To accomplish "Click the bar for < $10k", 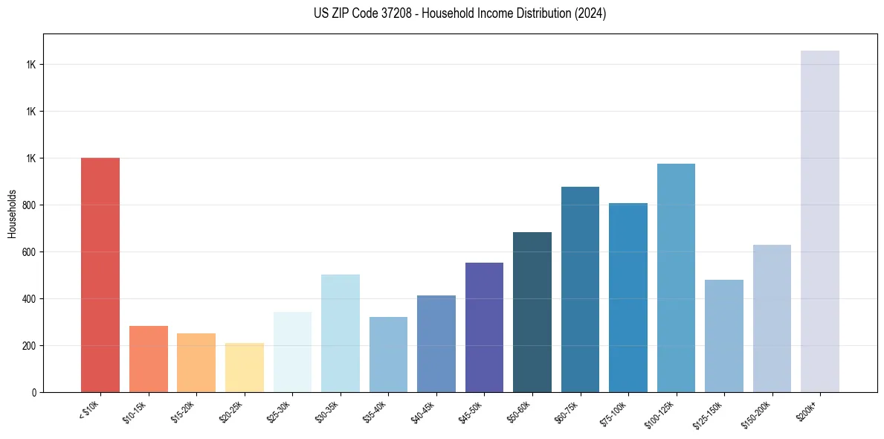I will point(100,275).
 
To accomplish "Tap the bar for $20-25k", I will point(245,368).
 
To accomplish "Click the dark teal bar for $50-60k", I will point(532,312).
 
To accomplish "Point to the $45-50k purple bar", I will point(484,327).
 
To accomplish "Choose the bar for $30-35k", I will point(341,333).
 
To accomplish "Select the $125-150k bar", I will point(724,336).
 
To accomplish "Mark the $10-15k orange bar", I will point(149,359).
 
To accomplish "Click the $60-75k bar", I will point(580,289).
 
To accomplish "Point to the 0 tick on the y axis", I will point(33,393).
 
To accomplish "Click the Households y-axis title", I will point(12,214).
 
